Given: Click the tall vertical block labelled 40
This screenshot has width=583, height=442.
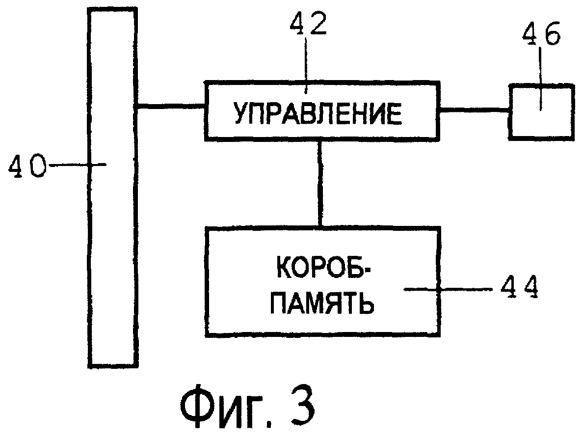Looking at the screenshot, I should (x=113, y=246).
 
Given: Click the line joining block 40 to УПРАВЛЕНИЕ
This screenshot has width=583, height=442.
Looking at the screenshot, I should (x=171, y=105).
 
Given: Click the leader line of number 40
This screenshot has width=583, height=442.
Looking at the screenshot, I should (x=79, y=166).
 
